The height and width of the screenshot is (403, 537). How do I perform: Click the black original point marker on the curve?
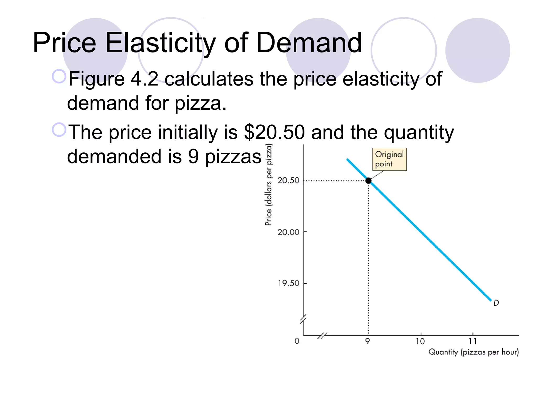pyautogui.click(x=368, y=181)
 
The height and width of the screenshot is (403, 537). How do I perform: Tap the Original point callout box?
pyautogui.click(x=389, y=159)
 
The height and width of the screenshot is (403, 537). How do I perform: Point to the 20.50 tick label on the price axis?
pyautogui.click(x=288, y=181)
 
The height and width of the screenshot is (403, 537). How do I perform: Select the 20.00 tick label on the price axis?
pyautogui.click(x=288, y=232)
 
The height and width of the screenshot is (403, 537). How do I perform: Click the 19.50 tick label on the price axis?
pyautogui.click(x=288, y=283)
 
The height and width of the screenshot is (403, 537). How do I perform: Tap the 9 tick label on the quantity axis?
pyautogui.click(x=368, y=341)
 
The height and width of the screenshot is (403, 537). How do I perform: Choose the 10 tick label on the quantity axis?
pyautogui.click(x=420, y=341)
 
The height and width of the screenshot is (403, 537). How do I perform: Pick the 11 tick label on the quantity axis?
pyautogui.click(x=472, y=341)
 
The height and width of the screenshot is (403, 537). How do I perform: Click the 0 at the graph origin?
pyautogui.click(x=297, y=341)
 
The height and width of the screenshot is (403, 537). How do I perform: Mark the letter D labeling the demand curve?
pyautogui.click(x=496, y=303)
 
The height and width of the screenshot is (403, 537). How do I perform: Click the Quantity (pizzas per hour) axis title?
pyautogui.click(x=474, y=352)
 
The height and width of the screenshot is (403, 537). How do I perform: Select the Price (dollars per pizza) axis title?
pyautogui.click(x=268, y=185)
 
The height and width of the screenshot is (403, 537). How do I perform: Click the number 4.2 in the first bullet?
pyautogui.click(x=144, y=79)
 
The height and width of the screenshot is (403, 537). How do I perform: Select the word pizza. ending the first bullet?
pyautogui.click(x=200, y=103)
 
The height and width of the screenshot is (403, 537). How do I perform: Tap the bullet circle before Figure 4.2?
pyautogui.click(x=59, y=76)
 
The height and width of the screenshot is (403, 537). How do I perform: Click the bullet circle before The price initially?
pyautogui.click(x=59, y=130)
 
